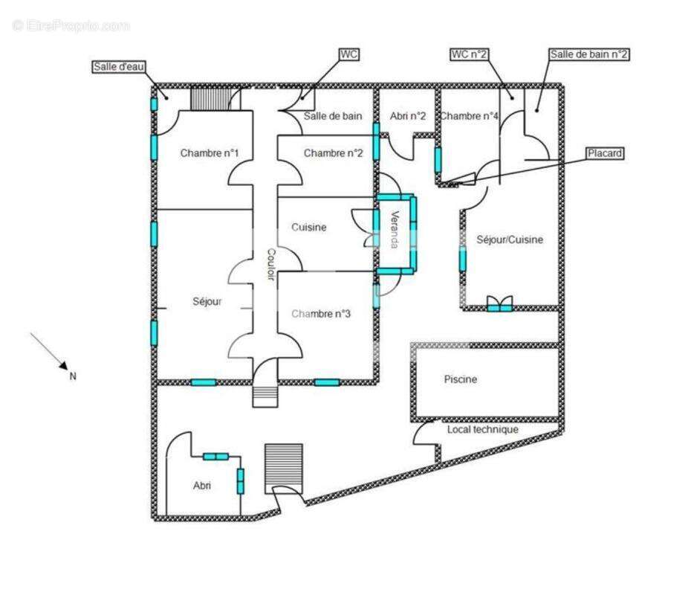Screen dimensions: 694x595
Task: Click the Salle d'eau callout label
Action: pos(119,67)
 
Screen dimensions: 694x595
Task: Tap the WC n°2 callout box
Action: pos(469,54)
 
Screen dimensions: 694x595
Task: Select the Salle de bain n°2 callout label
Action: pos(588,54)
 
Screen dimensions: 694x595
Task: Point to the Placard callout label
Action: pos(605,153)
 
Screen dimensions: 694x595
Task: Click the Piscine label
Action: pos(460,379)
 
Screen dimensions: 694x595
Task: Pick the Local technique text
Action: pos(482,429)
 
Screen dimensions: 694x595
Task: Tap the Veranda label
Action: pos(395,230)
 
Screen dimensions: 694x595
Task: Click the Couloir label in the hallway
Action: pos(271,264)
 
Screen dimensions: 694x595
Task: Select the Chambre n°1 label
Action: pos(210,153)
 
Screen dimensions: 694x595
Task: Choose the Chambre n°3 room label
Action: pos(321,314)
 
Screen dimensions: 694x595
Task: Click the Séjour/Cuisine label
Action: pos(510,239)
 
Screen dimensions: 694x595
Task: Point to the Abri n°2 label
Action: pos(408,116)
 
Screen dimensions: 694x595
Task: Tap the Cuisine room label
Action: pos(309,228)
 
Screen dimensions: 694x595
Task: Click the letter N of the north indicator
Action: pos(73,376)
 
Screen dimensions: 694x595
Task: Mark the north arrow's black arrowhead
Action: pos(63,365)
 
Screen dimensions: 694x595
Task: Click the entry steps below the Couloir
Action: pos(265,396)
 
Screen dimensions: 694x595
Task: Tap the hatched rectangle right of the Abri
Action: pos(284,469)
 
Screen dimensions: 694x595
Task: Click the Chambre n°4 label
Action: pos(469,116)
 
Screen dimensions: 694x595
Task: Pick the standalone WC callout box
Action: pos(348,54)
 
